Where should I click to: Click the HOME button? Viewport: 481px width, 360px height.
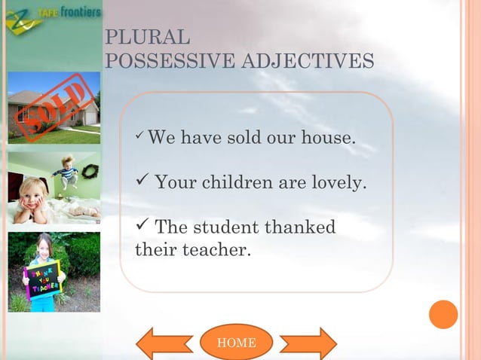(x=236, y=343)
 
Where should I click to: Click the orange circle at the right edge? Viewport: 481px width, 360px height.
(x=443, y=314)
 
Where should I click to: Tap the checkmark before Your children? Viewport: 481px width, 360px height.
(x=141, y=182)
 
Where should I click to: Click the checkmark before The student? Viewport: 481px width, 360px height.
(x=141, y=226)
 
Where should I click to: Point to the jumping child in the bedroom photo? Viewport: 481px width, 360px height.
(x=68, y=172)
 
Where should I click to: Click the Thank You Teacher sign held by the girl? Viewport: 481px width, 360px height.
(x=43, y=279)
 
